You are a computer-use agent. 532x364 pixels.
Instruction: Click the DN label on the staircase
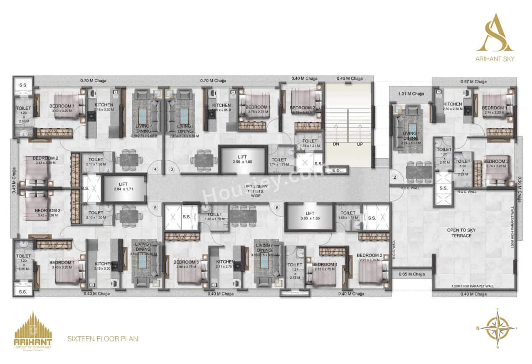click(336, 144)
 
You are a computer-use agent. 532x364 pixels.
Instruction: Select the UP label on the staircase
click(360, 144)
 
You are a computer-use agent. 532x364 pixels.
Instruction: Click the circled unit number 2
click(394, 177)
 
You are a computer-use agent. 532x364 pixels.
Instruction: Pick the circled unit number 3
click(171, 169)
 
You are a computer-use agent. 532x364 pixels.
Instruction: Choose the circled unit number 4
click(155, 169)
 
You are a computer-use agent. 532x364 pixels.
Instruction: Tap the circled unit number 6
click(277, 208)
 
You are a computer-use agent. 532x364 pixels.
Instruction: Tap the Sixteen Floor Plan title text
click(103, 339)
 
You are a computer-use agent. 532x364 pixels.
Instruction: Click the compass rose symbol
click(497, 328)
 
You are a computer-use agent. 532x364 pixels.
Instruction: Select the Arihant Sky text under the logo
click(495, 59)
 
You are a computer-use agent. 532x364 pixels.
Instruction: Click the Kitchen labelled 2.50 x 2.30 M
click(452, 106)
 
